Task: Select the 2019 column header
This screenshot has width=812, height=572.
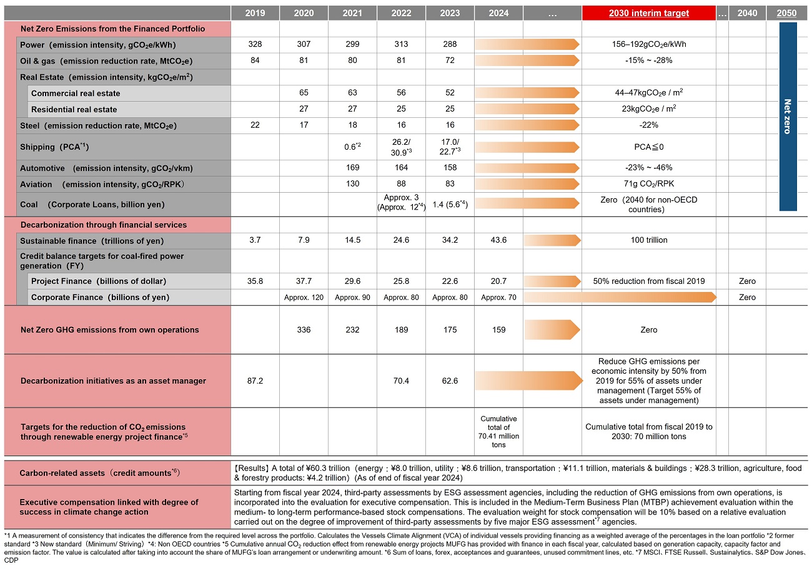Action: point(254,13)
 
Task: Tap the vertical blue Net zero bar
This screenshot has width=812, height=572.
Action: point(788,117)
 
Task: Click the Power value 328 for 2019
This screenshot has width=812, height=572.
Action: point(254,44)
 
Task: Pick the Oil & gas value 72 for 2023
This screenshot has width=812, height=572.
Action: point(450,61)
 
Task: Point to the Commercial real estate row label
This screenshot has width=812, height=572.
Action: point(76,94)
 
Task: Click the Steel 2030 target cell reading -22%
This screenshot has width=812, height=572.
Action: point(648,125)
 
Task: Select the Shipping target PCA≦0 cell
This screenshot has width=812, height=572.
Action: point(648,147)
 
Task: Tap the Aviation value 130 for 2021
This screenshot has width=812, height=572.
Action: point(352,184)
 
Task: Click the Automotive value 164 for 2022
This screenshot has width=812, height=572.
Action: point(401,168)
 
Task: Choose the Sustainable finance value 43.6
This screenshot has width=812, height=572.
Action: point(498,241)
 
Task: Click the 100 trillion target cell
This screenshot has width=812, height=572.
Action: point(648,241)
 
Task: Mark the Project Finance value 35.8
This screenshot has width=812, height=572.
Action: point(254,281)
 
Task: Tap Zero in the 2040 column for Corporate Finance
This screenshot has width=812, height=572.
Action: point(747,298)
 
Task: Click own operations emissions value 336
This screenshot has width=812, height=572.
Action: point(304,330)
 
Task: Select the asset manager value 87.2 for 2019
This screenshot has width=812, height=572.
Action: point(254,381)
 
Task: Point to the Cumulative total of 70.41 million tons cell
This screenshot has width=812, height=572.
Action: point(498,432)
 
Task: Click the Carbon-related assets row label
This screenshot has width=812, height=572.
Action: point(100,473)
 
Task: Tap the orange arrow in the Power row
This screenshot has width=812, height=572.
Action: point(527,44)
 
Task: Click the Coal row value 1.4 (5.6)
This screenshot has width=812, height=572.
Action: point(450,204)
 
